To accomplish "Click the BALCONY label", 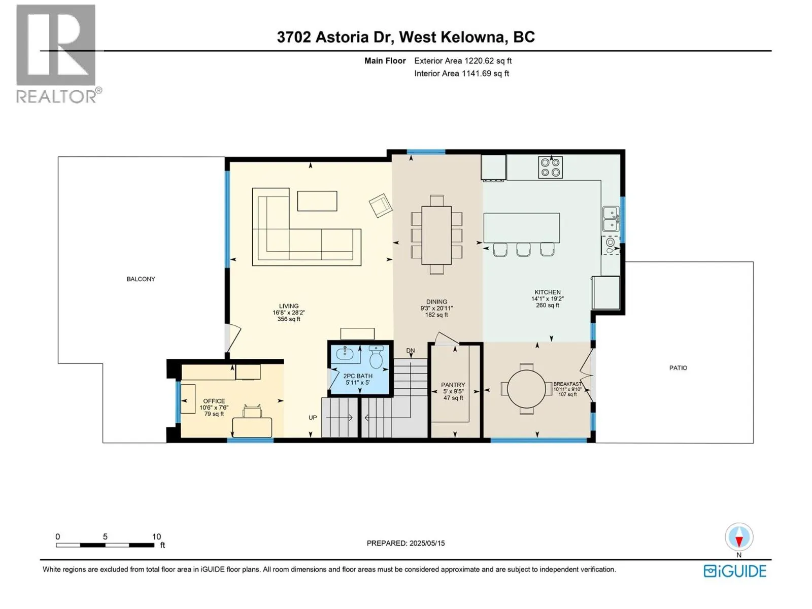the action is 141,279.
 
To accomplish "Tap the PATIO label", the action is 678,368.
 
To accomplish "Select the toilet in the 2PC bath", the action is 376,357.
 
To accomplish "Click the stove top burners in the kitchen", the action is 550,167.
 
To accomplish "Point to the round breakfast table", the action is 526,389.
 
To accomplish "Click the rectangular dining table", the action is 436,235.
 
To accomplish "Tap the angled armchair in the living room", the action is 380,205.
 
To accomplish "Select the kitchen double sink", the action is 611,219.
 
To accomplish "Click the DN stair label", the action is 410,351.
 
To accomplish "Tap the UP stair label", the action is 313,418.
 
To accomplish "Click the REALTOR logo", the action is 59,54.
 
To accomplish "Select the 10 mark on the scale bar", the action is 156,536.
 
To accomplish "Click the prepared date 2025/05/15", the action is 427,543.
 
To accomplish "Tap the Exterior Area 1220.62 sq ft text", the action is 463,61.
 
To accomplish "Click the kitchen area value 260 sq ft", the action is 548,306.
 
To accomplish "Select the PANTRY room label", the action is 453,385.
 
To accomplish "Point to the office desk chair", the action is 252,411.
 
